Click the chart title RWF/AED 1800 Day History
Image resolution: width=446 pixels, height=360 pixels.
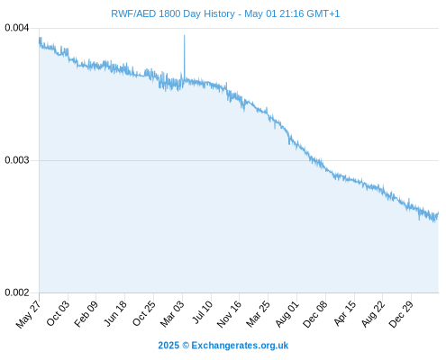[173, 13]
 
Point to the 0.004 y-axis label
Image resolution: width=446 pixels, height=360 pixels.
[17, 28]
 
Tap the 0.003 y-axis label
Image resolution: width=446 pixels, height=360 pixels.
[17, 160]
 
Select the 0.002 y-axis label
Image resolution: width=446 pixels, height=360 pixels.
[17, 292]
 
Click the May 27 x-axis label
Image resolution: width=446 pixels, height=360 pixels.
[29, 314]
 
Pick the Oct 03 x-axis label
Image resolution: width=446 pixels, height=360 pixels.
[58, 313]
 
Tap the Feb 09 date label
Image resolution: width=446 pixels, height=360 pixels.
[86, 313]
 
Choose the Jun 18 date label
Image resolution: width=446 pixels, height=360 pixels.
[115, 313]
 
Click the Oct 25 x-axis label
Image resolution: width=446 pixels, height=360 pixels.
[144, 313]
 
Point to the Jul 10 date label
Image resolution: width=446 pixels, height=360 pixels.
[203, 312]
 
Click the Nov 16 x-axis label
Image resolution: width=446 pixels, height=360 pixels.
[229, 314]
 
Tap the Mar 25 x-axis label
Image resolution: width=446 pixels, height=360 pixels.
[259, 314]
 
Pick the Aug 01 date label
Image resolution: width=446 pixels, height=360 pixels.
[287, 313]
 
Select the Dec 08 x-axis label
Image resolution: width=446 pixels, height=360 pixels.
[315, 314]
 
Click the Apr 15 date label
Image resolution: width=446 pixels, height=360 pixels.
[345, 313]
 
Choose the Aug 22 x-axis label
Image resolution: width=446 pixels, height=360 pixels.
[373, 314]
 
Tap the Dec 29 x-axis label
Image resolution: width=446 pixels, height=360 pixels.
[401, 314]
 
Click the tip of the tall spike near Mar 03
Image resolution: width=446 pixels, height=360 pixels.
[185, 35]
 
